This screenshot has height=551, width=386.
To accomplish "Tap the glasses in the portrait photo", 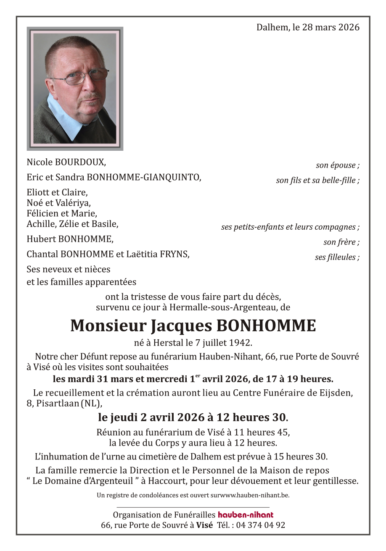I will [82, 77].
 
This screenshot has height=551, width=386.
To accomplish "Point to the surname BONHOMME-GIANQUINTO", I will [143, 177].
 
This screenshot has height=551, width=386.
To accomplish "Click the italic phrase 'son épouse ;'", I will [338, 165].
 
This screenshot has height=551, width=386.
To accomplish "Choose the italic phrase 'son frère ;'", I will [341, 242].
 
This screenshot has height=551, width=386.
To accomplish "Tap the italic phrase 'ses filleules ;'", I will [337, 257].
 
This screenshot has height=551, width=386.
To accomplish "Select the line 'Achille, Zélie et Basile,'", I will [72, 224].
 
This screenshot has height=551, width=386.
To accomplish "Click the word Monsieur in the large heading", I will [108, 326].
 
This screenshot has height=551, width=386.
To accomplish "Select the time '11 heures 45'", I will [266, 432].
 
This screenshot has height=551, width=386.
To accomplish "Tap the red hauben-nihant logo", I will [246, 515].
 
